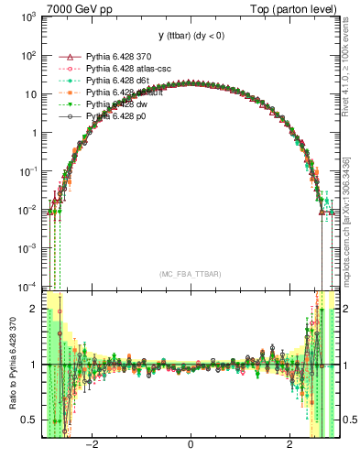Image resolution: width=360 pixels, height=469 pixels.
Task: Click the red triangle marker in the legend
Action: click(64, 56)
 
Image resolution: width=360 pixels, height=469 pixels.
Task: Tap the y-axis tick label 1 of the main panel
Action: click(34, 133)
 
